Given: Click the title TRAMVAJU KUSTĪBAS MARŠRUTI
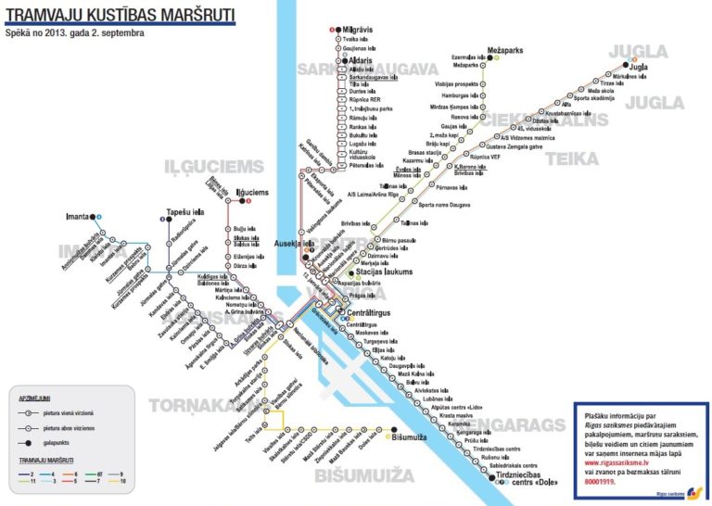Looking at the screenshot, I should point(121,15).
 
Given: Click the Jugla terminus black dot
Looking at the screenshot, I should point(621,67).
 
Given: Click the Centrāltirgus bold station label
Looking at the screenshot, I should point(368,313).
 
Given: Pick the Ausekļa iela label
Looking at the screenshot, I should point(294,243).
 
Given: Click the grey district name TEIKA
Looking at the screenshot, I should point(572,158).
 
